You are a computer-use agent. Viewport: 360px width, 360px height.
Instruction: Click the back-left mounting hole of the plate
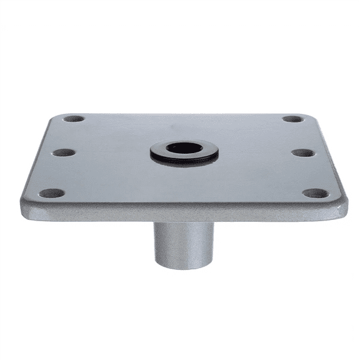click(74, 119)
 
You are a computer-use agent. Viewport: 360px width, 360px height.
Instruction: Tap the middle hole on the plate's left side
click(63, 152)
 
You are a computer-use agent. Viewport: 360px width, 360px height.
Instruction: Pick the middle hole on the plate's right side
click(303, 152)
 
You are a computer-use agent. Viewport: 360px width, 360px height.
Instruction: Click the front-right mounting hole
click(316, 193)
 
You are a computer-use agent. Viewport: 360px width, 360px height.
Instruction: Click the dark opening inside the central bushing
click(184, 147)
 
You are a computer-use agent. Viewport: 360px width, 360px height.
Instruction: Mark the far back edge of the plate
click(184, 114)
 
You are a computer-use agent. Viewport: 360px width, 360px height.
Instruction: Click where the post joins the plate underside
click(184, 224)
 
